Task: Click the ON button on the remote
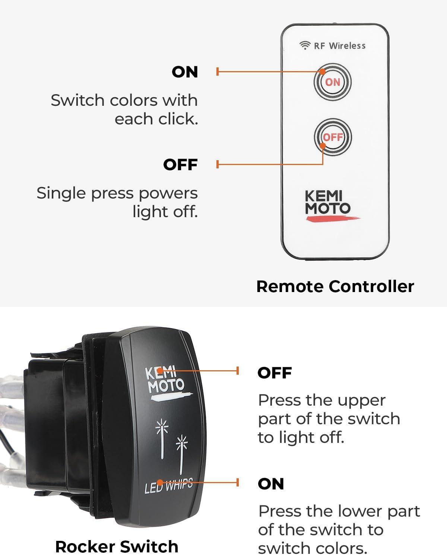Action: point(333,82)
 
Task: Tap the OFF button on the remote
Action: point(333,137)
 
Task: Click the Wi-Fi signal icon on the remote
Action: point(305,45)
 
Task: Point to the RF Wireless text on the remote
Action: point(340,46)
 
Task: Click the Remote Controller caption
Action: point(335,286)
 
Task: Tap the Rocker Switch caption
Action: point(117,546)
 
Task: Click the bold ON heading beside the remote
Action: point(185,72)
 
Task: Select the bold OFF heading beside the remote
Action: point(180,165)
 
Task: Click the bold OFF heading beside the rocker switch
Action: point(275,372)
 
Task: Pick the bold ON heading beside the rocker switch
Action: point(271,484)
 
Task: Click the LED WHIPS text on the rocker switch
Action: point(169,486)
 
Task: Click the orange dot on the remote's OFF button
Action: point(323,146)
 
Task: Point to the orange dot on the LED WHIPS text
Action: point(160,482)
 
